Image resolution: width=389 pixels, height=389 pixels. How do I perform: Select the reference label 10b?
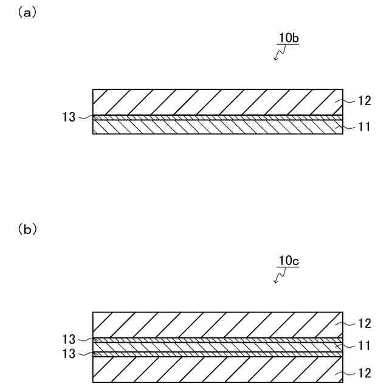point(289,39)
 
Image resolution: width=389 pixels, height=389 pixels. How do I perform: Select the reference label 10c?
point(289,261)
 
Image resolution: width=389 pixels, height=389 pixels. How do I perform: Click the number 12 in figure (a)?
point(363,101)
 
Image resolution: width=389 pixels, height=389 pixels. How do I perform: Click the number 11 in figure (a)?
point(363,128)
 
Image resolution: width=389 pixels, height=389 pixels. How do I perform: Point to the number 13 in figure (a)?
point(69,117)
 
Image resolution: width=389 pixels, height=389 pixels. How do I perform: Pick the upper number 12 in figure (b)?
point(363,323)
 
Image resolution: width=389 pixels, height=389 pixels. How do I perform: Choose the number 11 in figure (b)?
point(363,346)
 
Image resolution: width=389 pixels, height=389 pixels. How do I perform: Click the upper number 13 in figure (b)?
point(69,339)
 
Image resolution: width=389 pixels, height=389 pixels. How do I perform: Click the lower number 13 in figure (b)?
point(69,354)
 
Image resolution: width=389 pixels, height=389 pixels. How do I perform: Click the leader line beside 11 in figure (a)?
point(348,127)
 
